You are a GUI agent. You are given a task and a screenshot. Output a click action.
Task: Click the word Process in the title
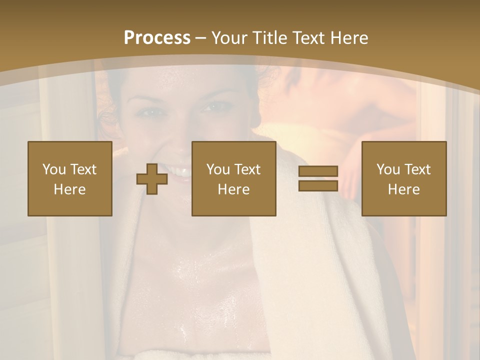(x=157, y=38)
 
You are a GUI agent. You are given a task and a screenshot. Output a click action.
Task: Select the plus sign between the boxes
(x=152, y=179)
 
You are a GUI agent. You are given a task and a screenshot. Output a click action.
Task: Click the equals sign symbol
(x=318, y=178)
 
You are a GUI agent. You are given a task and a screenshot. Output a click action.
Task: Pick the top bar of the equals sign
(x=318, y=171)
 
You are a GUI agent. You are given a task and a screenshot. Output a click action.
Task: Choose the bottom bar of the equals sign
(x=318, y=185)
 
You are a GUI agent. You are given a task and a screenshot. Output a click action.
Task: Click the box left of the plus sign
(x=70, y=178)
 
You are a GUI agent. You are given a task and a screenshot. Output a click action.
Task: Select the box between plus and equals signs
(x=233, y=178)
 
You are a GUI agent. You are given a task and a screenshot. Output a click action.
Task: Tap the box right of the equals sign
(x=403, y=178)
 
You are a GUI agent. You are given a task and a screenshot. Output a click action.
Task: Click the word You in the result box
(x=388, y=169)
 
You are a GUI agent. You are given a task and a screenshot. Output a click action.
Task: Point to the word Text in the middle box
(x=247, y=169)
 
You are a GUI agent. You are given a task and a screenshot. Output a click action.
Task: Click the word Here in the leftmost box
(x=70, y=189)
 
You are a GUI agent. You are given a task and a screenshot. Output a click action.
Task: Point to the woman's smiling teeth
(x=178, y=171)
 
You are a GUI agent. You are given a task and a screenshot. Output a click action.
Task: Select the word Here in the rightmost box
(x=403, y=189)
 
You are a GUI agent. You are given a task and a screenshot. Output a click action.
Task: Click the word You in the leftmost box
(x=54, y=169)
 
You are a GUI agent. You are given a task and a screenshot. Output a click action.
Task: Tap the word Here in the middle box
(x=233, y=189)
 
